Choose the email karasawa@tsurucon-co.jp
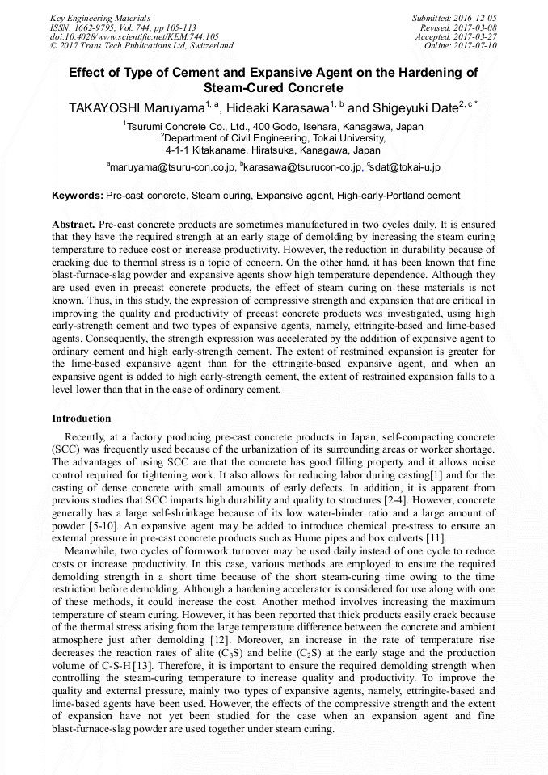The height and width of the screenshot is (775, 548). [x=302, y=167]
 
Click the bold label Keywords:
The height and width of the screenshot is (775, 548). [x=77, y=196]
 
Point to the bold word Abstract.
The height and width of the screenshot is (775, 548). [x=74, y=223]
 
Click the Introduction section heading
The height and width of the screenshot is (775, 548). [x=82, y=419]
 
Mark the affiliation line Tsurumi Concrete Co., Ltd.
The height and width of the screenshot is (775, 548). [x=273, y=127]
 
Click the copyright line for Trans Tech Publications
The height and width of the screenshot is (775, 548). [x=142, y=46]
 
